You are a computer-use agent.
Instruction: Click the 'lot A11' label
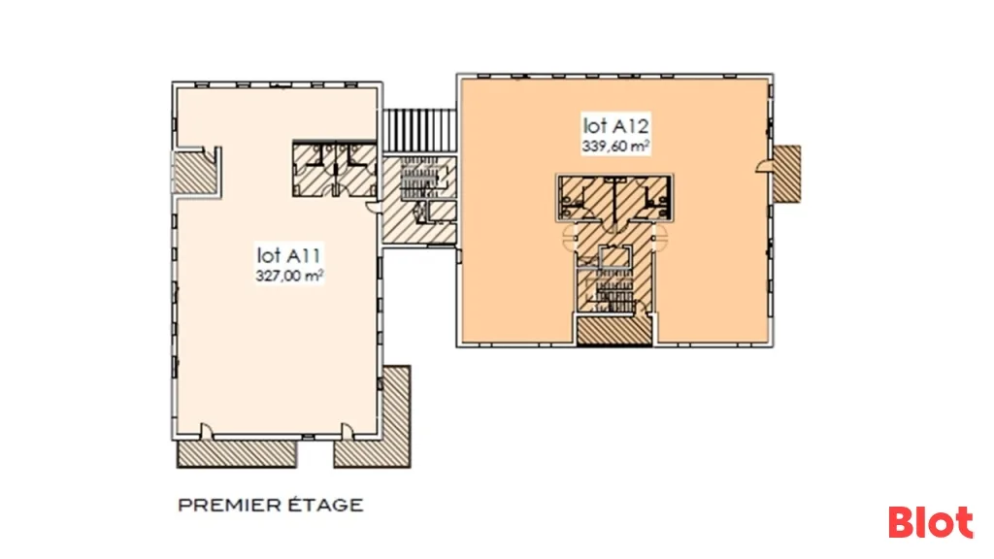[x=289, y=255]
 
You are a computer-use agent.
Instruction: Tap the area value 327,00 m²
[x=289, y=276]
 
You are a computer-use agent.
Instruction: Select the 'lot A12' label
[x=615, y=125]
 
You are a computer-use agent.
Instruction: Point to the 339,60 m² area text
[x=615, y=146]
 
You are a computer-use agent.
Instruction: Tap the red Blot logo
[x=930, y=521]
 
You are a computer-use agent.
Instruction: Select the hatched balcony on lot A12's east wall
[x=787, y=174]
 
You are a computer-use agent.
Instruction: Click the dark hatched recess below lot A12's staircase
[x=614, y=330]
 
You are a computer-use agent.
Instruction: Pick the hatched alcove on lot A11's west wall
[x=195, y=171]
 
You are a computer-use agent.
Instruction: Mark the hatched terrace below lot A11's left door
[x=237, y=454]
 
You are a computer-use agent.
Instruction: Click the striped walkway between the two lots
[x=419, y=130]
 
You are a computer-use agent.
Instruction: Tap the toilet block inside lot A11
[x=334, y=169]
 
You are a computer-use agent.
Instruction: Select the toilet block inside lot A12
[x=614, y=198]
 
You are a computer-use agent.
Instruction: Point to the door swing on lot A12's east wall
[x=765, y=165]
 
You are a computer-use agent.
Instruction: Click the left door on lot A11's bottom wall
[x=207, y=431]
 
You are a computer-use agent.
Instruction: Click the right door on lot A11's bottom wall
[x=348, y=431]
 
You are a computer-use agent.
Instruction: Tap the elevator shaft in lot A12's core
[x=614, y=257]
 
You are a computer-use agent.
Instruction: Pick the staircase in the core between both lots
[x=419, y=178]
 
